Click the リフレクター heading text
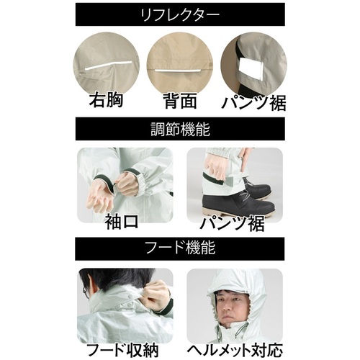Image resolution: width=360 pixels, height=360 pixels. click(x=180, y=15)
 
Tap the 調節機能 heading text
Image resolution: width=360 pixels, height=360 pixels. click(x=180, y=129)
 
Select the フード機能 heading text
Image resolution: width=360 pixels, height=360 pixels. click(x=180, y=248)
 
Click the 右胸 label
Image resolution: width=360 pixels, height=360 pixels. click(x=107, y=100)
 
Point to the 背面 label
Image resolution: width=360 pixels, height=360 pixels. click(x=181, y=100)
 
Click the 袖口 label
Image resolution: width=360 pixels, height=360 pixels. click(x=122, y=221)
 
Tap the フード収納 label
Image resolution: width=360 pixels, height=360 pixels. click(x=122, y=350)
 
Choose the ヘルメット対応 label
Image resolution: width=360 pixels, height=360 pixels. click(x=235, y=350)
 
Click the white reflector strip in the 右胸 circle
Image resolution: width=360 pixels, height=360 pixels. click(x=109, y=66)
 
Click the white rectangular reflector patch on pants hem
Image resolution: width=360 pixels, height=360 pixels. click(x=251, y=69)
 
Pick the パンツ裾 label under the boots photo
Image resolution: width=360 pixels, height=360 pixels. click(x=233, y=223)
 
